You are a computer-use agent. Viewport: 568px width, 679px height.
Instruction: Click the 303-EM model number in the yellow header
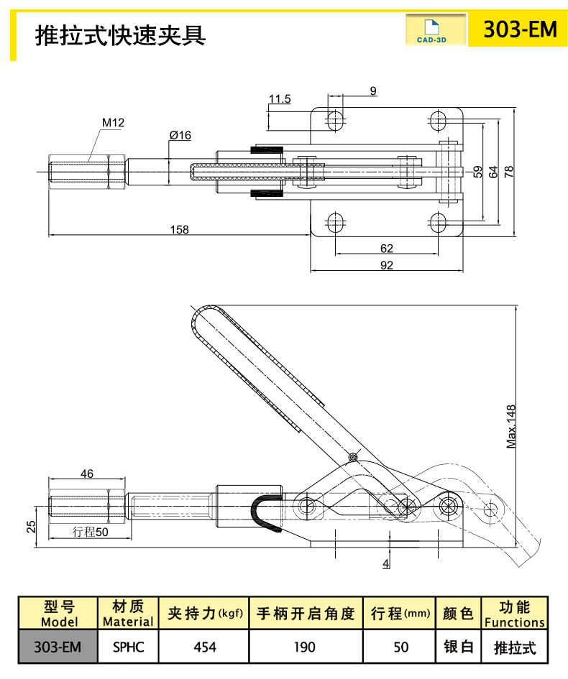519,29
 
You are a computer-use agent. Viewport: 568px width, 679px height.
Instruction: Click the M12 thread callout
153,123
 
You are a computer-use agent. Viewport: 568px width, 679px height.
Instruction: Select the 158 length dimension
179,230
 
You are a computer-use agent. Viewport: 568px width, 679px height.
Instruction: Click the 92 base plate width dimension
386,265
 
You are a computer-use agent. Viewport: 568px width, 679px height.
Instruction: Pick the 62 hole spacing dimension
386,249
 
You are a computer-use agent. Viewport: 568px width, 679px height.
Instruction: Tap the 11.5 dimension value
280,99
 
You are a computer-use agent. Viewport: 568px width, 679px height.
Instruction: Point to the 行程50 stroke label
91,532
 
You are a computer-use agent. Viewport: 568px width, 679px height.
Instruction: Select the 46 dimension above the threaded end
87,474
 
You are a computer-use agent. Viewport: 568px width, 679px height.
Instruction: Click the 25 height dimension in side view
30,526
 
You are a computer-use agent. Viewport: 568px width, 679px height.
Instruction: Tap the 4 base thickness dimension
386,563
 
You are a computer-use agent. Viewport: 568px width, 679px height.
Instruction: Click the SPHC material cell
129,647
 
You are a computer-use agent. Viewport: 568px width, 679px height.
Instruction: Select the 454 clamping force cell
205,647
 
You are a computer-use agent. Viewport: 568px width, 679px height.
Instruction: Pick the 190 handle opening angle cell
305,647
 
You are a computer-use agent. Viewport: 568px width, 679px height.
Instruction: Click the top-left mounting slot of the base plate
335,120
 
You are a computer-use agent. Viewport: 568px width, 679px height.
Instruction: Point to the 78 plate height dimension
510,171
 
